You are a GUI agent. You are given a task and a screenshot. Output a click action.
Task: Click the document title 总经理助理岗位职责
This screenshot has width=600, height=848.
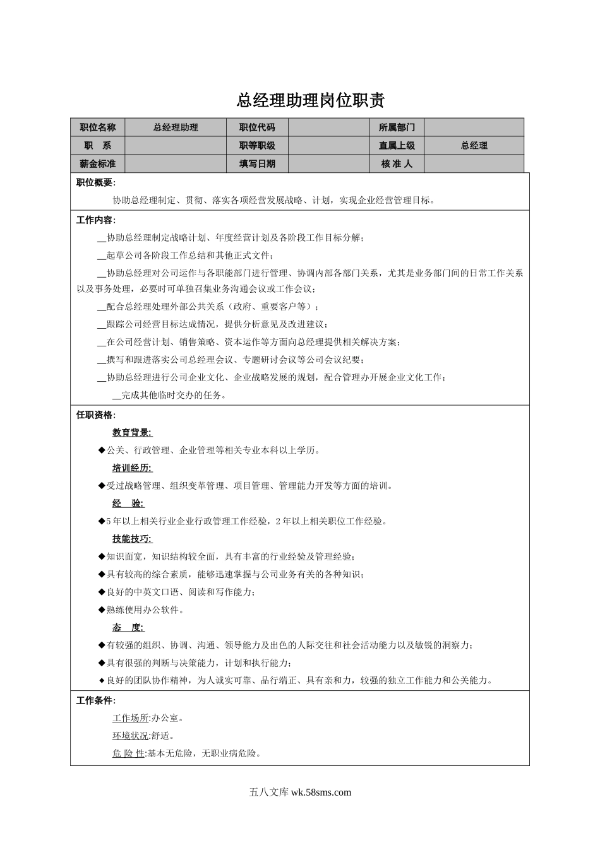[x=310, y=100]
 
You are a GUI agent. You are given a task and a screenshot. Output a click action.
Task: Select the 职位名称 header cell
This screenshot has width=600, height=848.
[x=97, y=127]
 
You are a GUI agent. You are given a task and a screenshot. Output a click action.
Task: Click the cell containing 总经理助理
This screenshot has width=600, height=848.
[x=176, y=127]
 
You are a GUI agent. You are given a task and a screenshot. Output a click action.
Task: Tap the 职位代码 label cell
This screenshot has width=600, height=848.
[x=257, y=127]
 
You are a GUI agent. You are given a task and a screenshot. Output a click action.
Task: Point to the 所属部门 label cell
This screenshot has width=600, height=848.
[x=397, y=127]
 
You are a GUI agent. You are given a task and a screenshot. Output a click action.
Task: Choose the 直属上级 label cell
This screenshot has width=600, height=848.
[x=397, y=146]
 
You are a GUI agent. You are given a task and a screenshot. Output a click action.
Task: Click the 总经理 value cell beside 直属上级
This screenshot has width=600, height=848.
[x=474, y=146]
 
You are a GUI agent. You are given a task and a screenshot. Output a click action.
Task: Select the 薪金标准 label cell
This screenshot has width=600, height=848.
[x=97, y=164]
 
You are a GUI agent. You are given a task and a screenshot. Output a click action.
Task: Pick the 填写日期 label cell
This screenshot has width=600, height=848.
[x=257, y=164]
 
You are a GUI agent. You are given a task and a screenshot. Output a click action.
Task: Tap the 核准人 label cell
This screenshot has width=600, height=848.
[x=397, y=164]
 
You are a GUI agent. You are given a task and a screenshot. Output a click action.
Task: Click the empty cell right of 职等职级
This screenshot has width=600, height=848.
[x=328, y=146]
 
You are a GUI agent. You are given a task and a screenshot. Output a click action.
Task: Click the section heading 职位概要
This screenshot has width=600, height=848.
[x=95, y=183]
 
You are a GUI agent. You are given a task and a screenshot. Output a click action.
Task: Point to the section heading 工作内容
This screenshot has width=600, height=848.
[x=95, y=220]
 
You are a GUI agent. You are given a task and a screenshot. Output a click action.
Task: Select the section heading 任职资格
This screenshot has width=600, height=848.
[x=95, y=415]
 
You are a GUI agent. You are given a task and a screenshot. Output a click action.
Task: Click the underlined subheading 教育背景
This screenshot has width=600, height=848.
[x=133, y=433]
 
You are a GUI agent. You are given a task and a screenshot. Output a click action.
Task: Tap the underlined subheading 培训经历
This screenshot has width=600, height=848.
[x=133, y=468]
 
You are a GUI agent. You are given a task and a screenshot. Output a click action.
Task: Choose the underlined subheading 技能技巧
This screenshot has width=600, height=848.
[x=133, y=539]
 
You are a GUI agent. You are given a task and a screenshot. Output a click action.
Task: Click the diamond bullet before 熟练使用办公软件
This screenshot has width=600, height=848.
[x=102, y=609]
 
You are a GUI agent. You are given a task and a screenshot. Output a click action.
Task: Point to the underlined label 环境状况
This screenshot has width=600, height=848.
[x=131, y=736]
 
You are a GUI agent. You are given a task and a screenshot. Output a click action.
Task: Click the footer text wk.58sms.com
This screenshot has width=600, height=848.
[x=321, y=792]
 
